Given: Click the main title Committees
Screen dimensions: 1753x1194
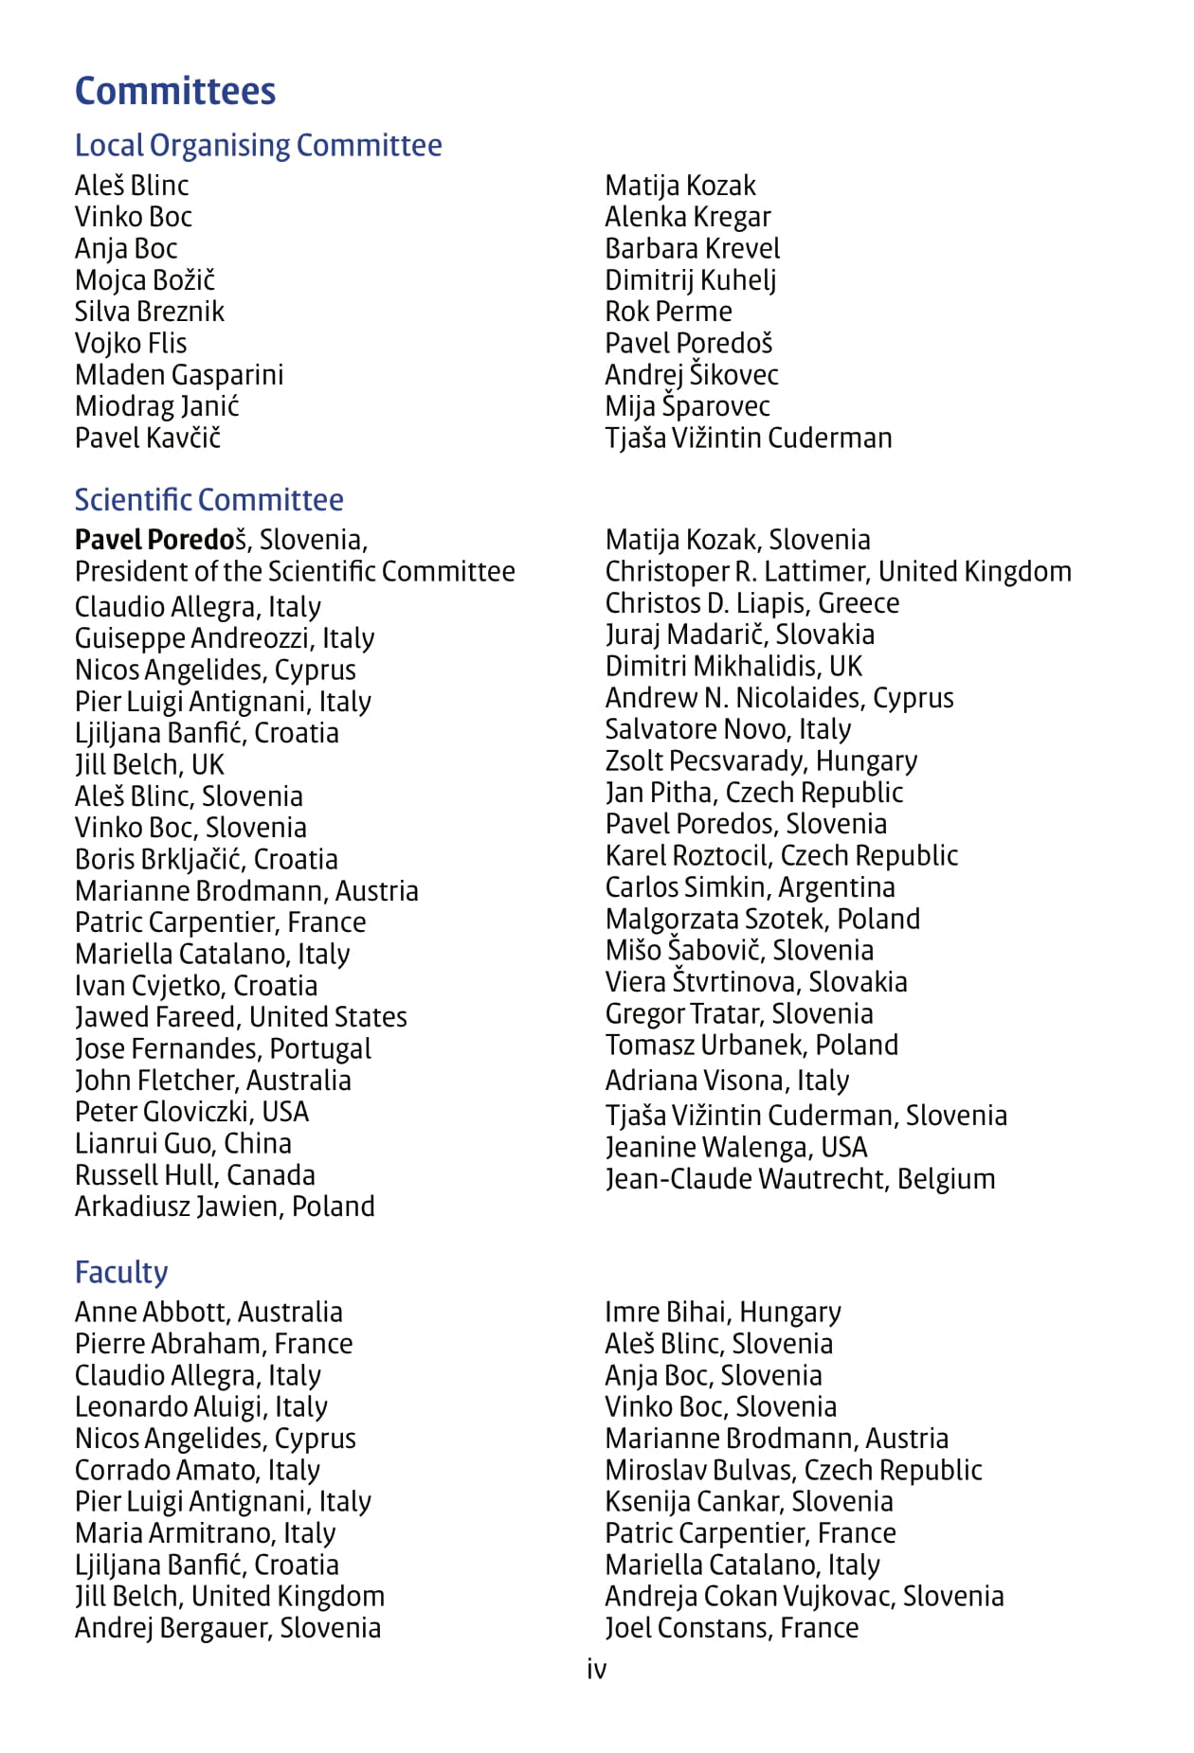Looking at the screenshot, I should coord(175,91).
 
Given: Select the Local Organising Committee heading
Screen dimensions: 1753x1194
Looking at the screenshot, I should coord(258,145).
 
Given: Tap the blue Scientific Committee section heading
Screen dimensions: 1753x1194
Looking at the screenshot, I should coord(208,499).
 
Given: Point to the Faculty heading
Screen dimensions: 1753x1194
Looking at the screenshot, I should coord(121,1272).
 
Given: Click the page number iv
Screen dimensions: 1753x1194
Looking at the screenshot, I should coord(596,1669).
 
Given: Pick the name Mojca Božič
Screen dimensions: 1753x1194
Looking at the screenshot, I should coord(145,280).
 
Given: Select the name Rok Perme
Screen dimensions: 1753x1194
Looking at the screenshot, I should coord(668,312).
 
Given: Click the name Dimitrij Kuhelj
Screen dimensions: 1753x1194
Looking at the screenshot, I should coord(690,280).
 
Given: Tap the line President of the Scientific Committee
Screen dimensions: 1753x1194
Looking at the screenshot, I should coord(295,572).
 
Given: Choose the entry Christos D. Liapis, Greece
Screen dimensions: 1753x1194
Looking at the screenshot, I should coord(751,603).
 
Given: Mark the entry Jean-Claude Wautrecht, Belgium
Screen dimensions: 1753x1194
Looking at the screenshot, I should coord(800,1179).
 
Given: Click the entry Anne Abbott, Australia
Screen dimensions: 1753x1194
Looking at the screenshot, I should coord(208,1313).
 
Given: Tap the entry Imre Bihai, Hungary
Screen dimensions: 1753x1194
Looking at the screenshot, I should coord(722,1313).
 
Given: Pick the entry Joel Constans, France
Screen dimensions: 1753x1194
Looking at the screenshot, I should coord(732,1628).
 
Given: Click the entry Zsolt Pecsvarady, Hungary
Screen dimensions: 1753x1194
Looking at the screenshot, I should coord(761,761).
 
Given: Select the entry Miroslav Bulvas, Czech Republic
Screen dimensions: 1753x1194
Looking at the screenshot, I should coord(793,1470).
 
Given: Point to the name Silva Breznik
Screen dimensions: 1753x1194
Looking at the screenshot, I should coord(150,312).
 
